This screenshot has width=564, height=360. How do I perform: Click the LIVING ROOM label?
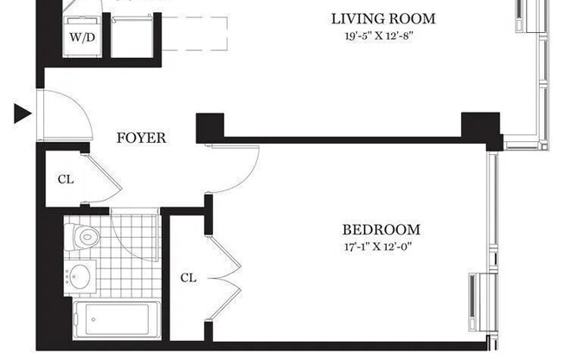pyautogui.click(x=383, y=18)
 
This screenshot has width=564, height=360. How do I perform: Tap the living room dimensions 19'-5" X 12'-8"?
pyautogui.click(x=383, y=36)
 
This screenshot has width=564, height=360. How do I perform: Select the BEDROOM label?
pyautogui.click(x=381, y=230)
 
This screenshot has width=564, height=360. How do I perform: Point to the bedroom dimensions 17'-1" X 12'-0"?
pyautogui.click(x=381, y=248)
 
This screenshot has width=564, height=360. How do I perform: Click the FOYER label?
pyautogui.click(x=141, y=138)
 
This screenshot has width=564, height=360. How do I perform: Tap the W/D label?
pyautogui.click(x=83, y=38)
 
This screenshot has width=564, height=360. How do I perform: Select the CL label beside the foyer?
pyautogui.click(x=65, y=180)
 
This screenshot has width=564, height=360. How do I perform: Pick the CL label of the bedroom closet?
pyautogui.click(x=189, y=278)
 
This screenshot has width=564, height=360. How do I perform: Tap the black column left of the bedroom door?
pyautogui.click(x=210, y=128)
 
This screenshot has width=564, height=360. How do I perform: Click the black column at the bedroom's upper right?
pyautogui.click(x=480, y=128)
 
